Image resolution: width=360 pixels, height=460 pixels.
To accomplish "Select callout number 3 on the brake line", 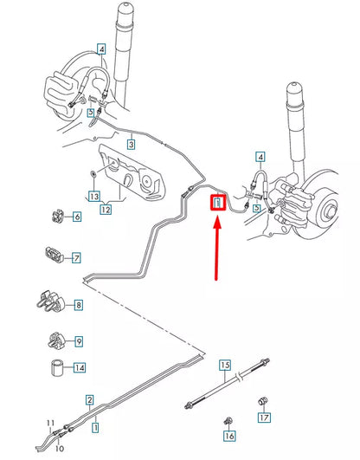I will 131,145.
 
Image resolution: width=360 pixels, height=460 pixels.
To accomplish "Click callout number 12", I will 106,208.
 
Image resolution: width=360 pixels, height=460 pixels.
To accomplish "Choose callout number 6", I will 76,216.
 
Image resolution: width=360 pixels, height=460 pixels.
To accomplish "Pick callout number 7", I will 76,257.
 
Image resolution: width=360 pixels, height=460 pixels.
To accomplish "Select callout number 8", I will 79,304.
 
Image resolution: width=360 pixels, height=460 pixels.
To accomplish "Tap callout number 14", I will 80,367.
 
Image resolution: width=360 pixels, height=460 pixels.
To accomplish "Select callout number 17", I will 264,418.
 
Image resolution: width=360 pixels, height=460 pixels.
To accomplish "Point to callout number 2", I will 89,399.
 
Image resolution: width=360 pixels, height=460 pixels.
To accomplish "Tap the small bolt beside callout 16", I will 228,420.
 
